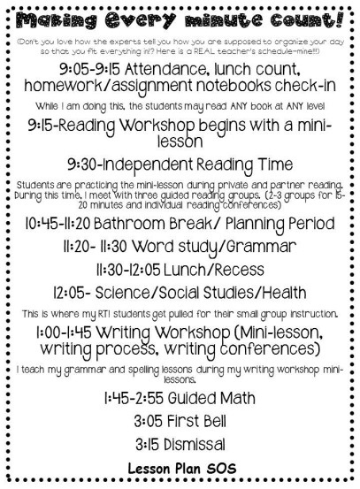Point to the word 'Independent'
coord(164,164)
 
